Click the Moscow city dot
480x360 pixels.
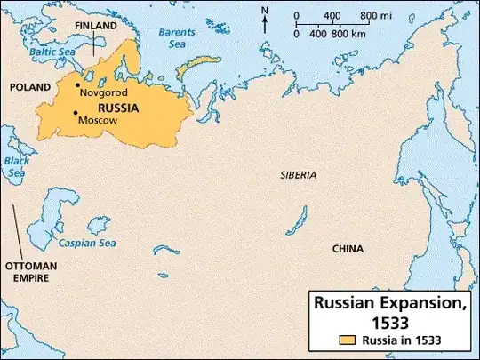point(76,113)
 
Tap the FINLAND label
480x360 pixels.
point(95,27)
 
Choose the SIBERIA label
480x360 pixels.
point(297,175)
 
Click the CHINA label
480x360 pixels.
point(347,249)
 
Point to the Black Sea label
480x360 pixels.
point(16,166)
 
